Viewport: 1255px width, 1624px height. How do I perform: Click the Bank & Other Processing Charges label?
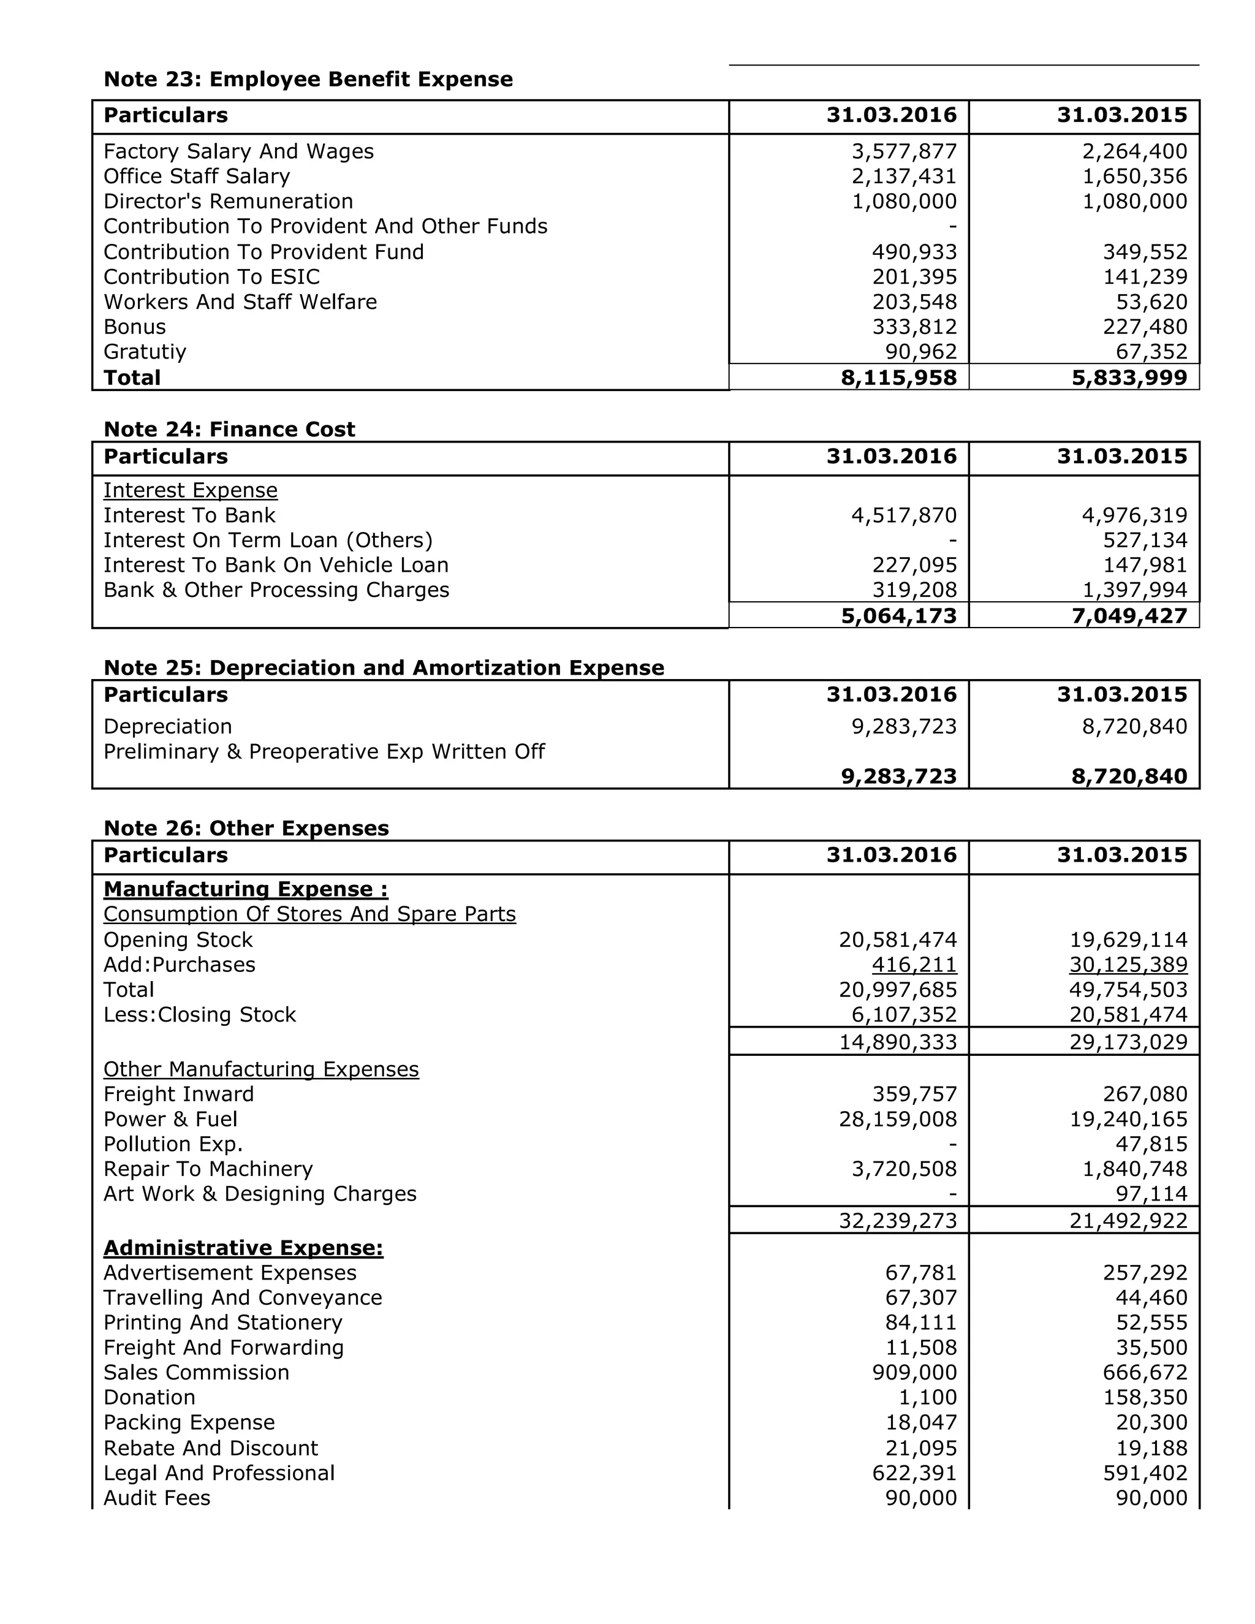[x=276, y=590]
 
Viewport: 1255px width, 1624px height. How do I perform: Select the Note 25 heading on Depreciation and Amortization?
[x=384, y=668]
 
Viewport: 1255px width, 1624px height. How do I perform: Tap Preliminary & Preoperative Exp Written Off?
[x=324, y=752]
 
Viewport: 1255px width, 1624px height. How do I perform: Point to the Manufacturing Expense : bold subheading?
[x=245, y=889]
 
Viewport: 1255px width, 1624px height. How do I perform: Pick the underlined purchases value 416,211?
[x=914, y=965]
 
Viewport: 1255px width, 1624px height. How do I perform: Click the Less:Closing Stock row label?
[x=199, y=1014]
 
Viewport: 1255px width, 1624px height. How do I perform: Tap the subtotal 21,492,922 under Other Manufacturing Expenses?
[x=1128, y=1220]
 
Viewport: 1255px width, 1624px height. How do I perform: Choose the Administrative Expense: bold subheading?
[x=243, y=1248]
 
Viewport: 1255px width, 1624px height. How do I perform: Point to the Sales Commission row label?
[x=195, y=1372]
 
